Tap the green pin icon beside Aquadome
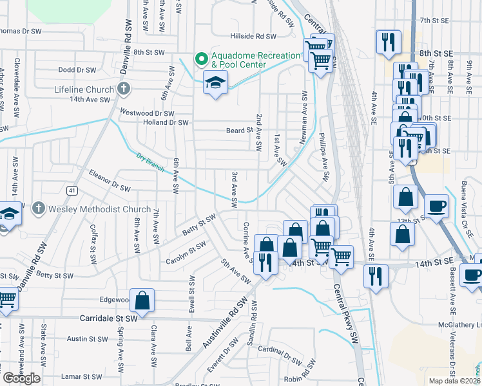click(201, 60)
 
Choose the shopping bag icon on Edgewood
click(143, 300)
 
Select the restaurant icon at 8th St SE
click(388, 42)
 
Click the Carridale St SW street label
click(109, 318)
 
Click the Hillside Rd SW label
click(254, 37)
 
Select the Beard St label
click(238, 131)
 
